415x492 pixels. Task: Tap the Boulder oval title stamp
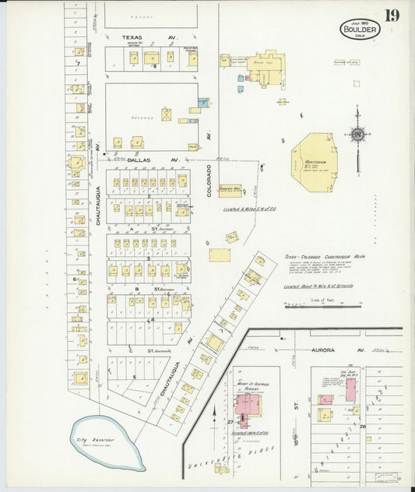tap(359, 28)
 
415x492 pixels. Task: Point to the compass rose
tap(357, 134)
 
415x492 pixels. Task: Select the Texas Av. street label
tap(150, 37)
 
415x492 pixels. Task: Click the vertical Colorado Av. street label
tap(209, 180)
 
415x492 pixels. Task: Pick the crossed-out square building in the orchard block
tap(167, 114)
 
